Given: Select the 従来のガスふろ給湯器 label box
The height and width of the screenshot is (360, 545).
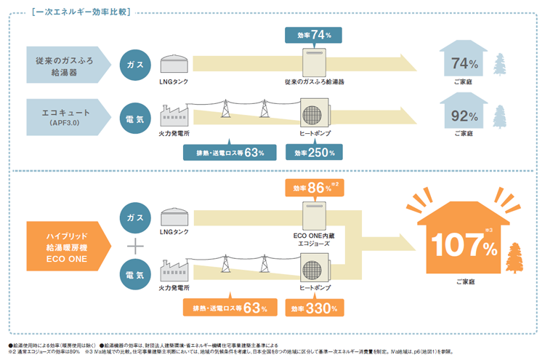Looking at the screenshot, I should click(62, 65).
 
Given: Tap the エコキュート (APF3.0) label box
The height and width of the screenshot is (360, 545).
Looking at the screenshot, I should click(62, 116).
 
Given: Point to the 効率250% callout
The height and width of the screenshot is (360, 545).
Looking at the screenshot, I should click(314, 152).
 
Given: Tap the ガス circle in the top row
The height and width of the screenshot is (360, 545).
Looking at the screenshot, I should click(134, 65).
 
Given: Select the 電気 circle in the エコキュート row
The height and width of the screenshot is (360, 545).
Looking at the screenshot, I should click(134, 116).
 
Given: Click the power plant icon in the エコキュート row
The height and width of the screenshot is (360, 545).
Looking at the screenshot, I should click(174, 116).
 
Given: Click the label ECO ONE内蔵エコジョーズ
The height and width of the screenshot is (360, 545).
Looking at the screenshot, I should click(314, 239).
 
